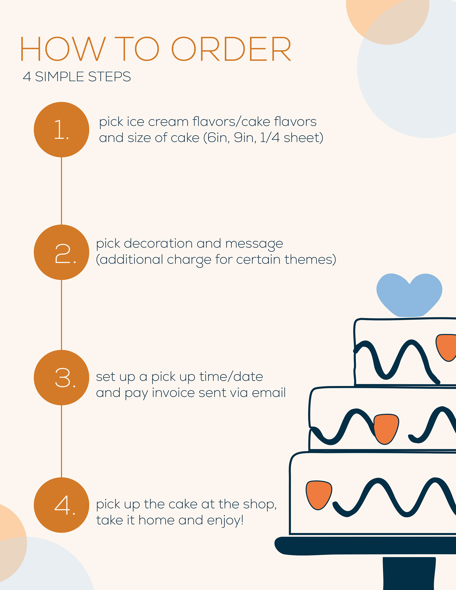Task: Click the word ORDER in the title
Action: [x=231, y=49]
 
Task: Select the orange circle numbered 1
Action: [x=62, y=130]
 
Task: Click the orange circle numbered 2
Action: [x=62, y=252]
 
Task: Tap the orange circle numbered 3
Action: [x=62, y=378]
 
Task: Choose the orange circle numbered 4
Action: [x=62, y=505]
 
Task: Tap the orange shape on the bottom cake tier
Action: [x=319, y=494]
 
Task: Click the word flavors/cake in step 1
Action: [x=231, y=122]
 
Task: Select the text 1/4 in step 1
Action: [x=270, y=138]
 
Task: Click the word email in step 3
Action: [x=269, y=393]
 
